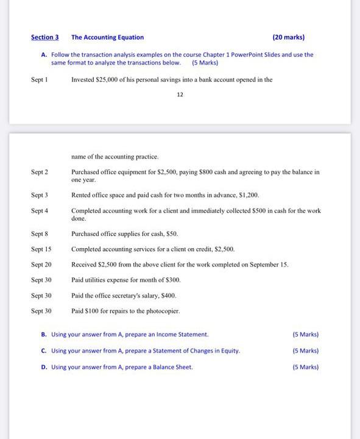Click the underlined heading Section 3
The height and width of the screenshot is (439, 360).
(x=44, y=37)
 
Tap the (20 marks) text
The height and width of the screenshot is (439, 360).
(x=289, y=37)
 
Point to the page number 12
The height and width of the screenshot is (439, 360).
(x=180, y=95)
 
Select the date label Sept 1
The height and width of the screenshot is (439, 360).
(x=40, y=80)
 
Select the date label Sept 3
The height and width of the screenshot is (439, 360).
(x=40, y=195)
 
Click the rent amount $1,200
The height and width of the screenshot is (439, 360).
(x=249, y=195)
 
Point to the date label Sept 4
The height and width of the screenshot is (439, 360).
(x=40, y=211)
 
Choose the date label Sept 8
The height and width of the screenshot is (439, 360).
(x=40, y=234)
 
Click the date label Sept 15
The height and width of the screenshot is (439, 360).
(x=41, y=249)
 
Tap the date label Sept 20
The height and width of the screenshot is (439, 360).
(x=41, y=265)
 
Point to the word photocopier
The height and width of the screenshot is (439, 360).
(x=161, y=311)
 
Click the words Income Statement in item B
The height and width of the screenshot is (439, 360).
(x=182, y=335)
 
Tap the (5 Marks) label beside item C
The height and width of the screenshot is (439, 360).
(x=305, y=351)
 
